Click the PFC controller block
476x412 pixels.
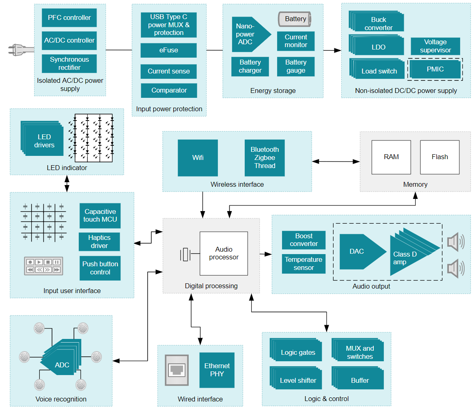coord(69,18)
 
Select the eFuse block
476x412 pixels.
coord(168,50)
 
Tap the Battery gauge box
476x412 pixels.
coord(295,66)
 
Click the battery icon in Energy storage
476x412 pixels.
coord(295,19)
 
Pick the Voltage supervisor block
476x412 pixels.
coord(435,46)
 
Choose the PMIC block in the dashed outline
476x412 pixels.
coord(435,69)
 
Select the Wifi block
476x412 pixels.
coord(198,158)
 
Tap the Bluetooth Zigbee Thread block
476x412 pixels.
coord(265,158)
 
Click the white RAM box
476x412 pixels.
coord(391,157)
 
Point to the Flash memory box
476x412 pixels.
coord(439,157)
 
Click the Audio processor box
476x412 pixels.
coord(224,253)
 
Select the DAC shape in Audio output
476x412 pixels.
coord(359,252)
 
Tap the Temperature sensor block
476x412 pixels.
coord(304,264)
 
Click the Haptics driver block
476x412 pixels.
coord(99,242)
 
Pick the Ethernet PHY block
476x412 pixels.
coord(217,370)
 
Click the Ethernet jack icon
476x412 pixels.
coord(177,370)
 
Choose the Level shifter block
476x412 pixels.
coord(298,380)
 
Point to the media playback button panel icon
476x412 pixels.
coord(43,266)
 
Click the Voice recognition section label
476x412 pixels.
coord(61,399)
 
